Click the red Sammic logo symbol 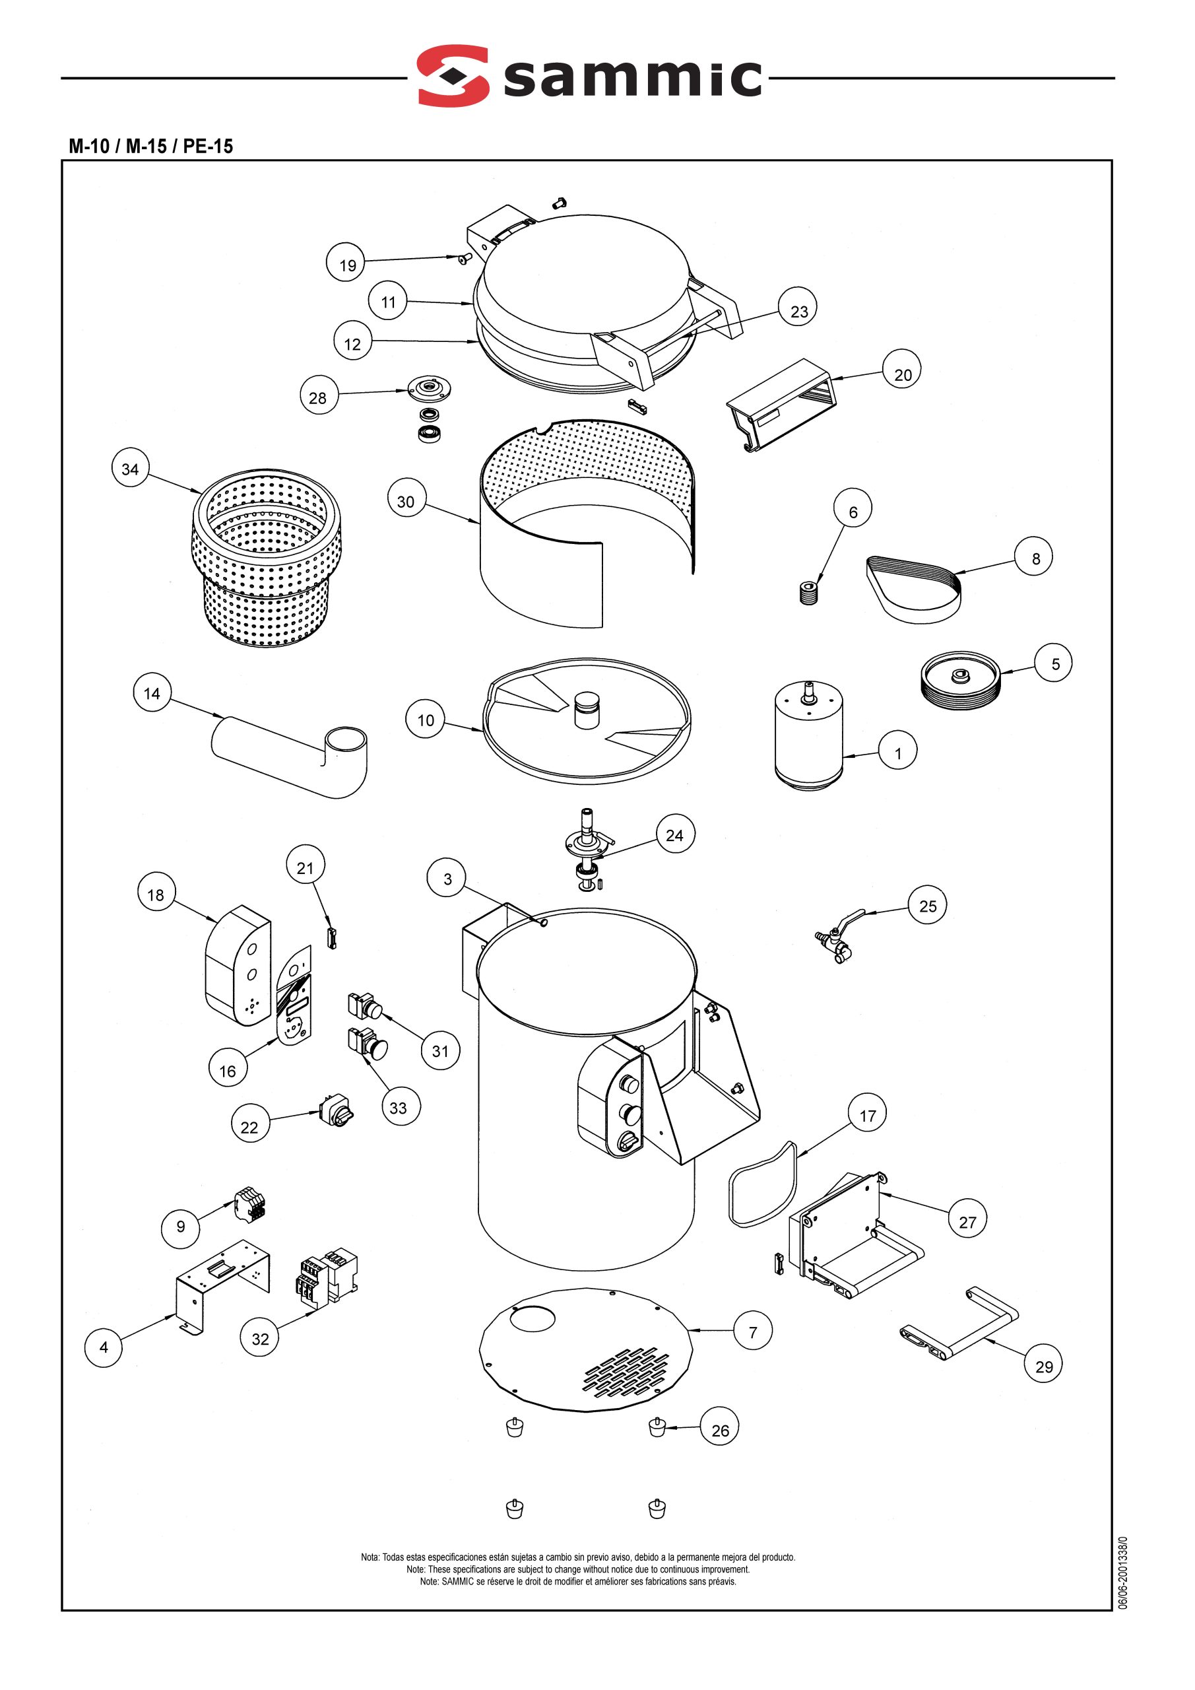[x=453, y=76]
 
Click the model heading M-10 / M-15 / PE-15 [x=151, y=146]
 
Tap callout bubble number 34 [x=130, y=469]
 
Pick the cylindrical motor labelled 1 [x=808, y=736]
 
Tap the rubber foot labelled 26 [x=657, y=1428]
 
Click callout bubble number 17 [x=868, y=1116]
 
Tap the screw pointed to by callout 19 [x=465, y=257]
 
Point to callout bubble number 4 [x=104, y=1347]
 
